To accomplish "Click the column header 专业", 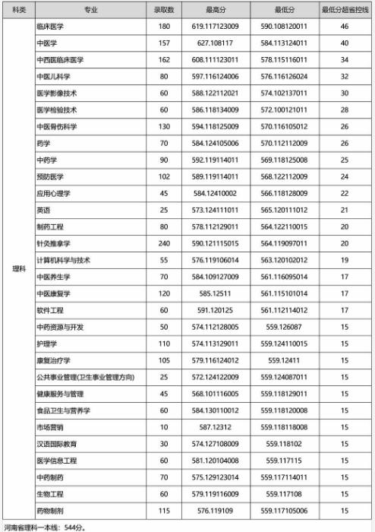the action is point(91,9).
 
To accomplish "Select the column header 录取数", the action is point(164,9).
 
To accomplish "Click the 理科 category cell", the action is point(18,267).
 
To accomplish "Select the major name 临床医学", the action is point(51,27).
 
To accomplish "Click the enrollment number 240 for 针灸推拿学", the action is point(164,243).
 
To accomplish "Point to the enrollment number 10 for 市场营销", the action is point(164,427).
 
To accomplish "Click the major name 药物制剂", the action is point(51,511).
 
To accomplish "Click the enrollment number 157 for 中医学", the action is point(164,43).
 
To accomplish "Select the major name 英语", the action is point(43,210).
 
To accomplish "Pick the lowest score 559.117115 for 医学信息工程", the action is point(285,461).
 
